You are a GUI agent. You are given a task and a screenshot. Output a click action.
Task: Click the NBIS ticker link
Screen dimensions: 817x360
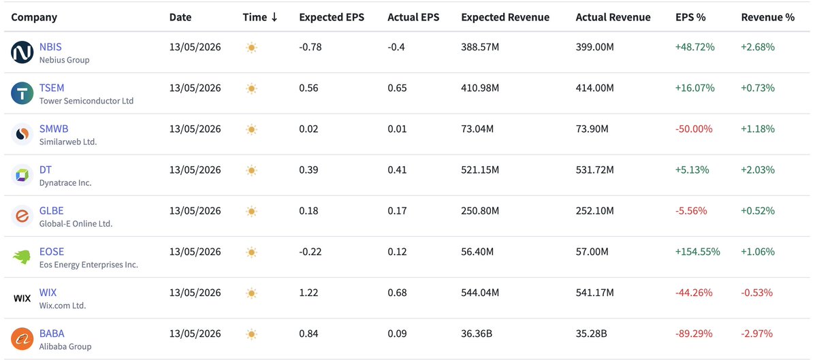coord(50,47)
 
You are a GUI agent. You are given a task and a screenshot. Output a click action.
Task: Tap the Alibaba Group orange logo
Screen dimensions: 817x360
coord(22,339)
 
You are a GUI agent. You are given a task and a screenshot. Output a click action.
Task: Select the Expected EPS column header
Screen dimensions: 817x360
coord(332,17)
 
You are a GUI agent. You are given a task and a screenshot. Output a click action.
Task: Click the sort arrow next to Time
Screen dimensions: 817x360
coord(274,17)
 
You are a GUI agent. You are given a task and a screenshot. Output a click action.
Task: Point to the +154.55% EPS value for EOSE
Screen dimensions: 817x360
coord(697,252)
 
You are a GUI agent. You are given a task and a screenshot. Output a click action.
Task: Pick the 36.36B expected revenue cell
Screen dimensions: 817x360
coord(477,333)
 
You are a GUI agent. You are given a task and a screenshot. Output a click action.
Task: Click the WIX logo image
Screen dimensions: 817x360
coord(22,298)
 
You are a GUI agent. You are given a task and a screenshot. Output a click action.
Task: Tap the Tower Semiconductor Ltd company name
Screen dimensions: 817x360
coord(86,101)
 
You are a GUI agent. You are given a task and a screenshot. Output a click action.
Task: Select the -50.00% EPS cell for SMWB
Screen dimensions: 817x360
coord(694,129)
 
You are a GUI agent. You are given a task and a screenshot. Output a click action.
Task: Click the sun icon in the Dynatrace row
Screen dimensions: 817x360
coord(251,170)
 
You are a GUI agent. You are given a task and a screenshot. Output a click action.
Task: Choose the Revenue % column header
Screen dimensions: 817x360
coord(768,17)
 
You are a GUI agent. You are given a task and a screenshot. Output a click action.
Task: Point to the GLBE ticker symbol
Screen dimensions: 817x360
coord(52,211)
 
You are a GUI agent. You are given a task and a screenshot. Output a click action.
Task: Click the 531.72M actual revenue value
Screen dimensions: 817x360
coord(594,170)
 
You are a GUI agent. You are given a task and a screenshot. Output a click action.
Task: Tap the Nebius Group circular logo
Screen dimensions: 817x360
coord(22,52)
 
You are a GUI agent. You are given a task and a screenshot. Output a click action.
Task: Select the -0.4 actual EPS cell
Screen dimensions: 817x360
coord(396,47)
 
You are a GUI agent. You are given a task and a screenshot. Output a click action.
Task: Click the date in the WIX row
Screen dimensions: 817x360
coord(195,293)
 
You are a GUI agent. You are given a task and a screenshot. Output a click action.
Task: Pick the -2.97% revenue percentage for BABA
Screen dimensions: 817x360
coord(757,333)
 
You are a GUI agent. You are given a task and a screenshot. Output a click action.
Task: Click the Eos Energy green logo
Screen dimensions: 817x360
coord(22,257)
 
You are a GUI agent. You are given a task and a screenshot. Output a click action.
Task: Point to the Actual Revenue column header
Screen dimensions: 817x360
coord(613,17)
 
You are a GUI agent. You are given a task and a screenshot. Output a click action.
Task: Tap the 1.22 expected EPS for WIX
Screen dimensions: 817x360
coord(308,293)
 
